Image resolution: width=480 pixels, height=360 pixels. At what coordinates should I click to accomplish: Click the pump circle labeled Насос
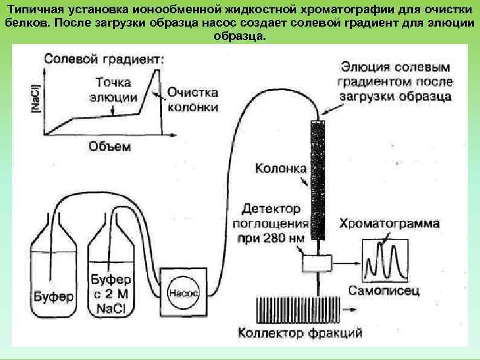tap(182, 290)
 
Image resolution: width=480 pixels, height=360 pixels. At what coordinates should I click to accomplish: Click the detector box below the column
tap(316, 263)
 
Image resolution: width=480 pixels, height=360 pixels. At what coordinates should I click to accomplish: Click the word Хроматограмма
tap(390, 224)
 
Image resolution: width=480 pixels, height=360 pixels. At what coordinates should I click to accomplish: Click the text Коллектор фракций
tap(300, 333)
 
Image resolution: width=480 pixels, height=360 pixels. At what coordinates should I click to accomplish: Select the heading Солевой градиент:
tap(103, 59)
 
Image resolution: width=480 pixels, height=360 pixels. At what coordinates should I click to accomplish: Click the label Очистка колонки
tap(192, 100)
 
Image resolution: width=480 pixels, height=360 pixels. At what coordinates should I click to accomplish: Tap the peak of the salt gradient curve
tap(158, 70)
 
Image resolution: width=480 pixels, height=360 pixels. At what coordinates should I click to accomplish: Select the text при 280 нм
tap(271, 238)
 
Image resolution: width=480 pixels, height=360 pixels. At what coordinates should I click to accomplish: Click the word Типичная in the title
tap(44, 9)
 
